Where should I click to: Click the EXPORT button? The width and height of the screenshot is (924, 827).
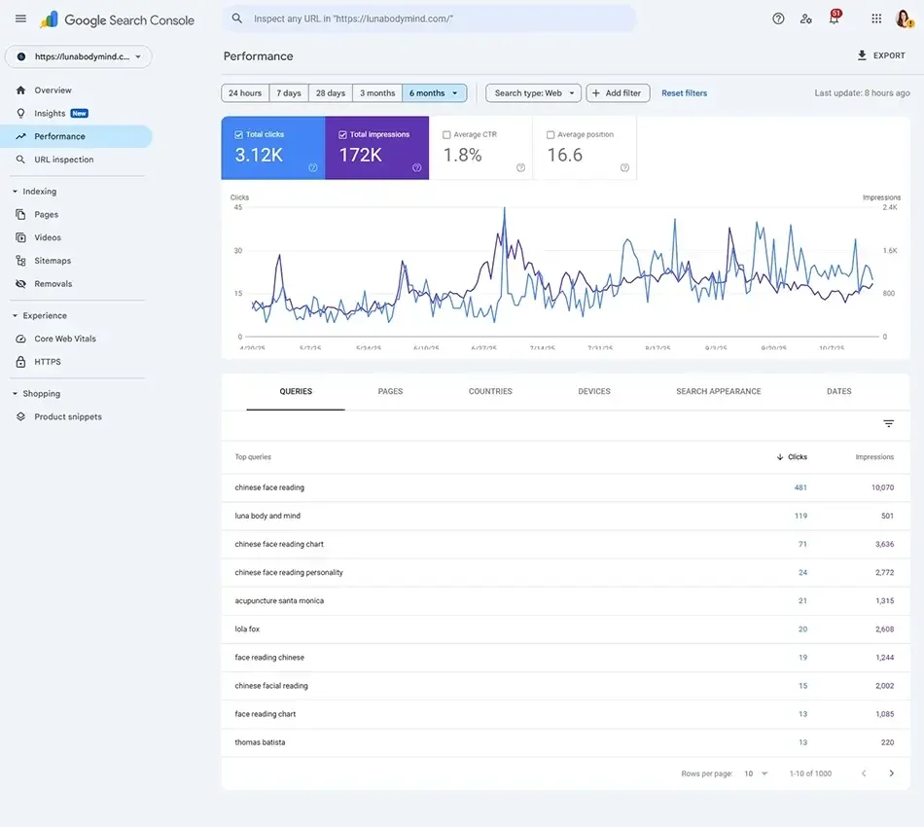[881, 55]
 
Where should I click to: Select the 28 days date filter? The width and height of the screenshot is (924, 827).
[330, 93]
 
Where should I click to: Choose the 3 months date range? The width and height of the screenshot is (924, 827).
[377, 93]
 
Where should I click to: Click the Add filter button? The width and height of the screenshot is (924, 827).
[618, 93]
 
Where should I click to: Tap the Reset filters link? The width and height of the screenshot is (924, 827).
[684, 93]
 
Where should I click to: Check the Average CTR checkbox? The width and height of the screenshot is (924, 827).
[446, 135]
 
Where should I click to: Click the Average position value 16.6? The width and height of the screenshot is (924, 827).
[565, 156]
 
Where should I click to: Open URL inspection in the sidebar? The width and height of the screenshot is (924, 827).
[64, 160]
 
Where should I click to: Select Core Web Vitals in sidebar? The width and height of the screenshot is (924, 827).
[65, 339]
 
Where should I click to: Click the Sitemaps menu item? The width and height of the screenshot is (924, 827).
[53, 261]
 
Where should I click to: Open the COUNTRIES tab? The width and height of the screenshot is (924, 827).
[490, 391]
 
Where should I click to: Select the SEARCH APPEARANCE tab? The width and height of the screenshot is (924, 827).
[719, 391]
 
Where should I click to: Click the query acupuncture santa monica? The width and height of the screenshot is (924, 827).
[279, 601]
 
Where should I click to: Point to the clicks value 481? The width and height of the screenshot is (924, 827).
[800, 487]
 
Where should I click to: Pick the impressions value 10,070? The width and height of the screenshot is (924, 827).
[882, 487]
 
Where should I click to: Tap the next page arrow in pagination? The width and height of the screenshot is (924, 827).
[892, 773]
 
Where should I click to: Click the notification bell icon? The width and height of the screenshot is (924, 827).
[834, 18]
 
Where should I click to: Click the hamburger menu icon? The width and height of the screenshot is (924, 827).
[20, 18]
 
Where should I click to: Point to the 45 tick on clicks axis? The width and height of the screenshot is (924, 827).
[237, 207]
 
